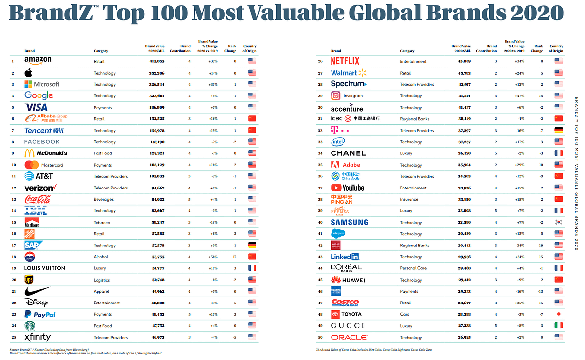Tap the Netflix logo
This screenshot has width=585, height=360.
coord(345,61)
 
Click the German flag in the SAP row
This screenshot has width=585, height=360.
coord(252,245)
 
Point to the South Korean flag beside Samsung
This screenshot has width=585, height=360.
coord(558,222)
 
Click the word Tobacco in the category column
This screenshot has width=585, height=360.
coord(101,223)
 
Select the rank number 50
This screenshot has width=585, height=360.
coord(320,337)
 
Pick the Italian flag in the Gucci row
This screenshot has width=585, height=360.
coord(558,325)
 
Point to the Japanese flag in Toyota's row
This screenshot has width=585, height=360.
coord(558,314)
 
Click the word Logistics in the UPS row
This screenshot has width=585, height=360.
coord(102,280)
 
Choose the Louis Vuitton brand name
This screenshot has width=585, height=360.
coord(44,268)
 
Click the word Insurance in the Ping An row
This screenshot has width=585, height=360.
coord(409,199)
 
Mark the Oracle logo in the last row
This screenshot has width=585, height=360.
coord(349,337)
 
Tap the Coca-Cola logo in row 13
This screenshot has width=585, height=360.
coord(38,199)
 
